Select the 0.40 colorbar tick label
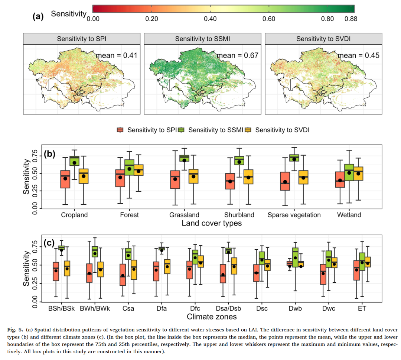(210, 19)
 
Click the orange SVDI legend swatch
(248, 130)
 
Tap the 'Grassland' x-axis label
(184, 215)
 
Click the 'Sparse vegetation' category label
(294, 215)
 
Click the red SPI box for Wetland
(340, 179)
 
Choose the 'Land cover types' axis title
(212, 223)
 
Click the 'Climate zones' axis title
(212, 317)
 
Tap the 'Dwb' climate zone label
(295, 309)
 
